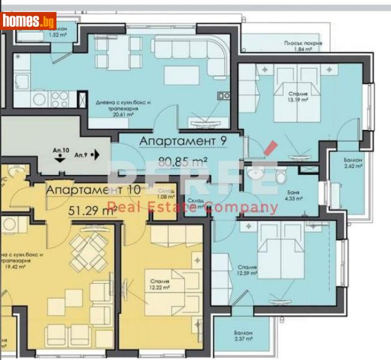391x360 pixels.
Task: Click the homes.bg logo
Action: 29,22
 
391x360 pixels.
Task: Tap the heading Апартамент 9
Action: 178,141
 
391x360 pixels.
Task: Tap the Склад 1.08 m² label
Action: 166,193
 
